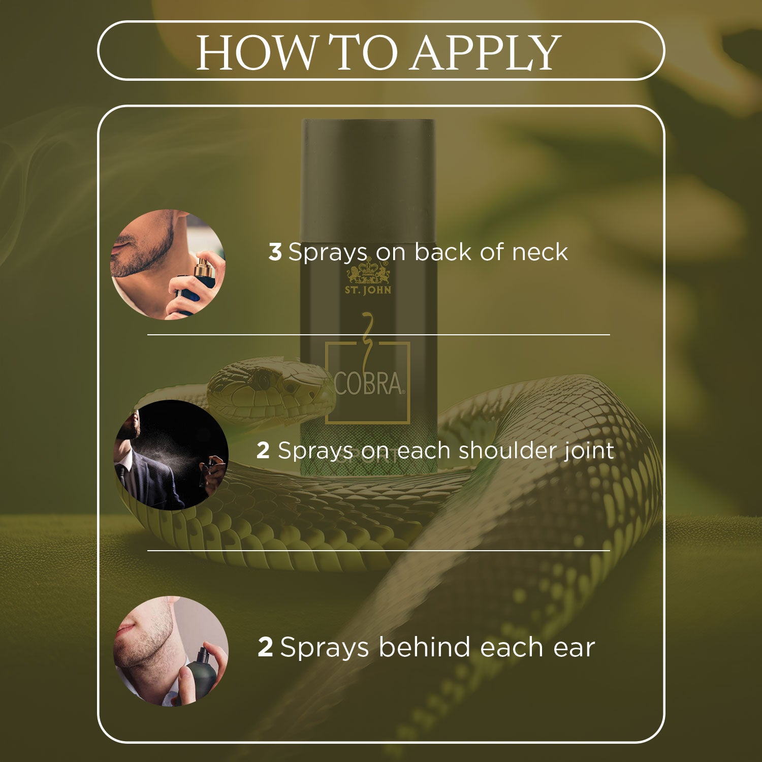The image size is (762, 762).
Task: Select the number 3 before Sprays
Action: click(x=275, y=252)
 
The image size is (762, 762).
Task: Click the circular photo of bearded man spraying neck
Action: click(x=168, y=264)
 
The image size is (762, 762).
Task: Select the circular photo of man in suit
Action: click(x=171, y=455)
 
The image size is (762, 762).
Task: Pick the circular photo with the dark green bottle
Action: click(x=171, y=651)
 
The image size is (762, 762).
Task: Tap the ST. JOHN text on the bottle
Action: click(x=368, y=290)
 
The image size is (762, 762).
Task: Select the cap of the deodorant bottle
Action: click(x=369, y=179)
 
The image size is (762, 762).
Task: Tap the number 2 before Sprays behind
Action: click(x=265, y=648)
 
